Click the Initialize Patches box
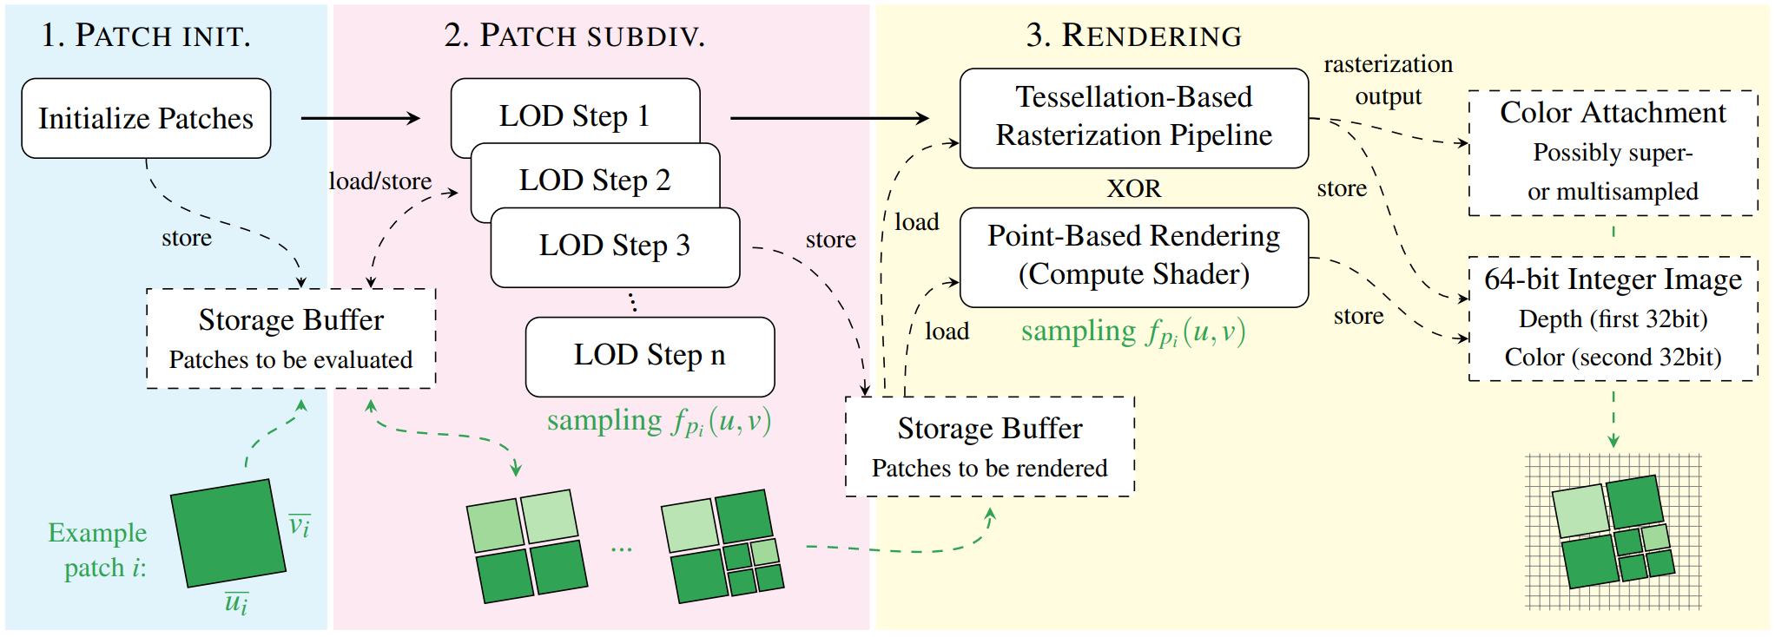tap(146, 118)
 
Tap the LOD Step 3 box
tap(615, 246)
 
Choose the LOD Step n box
tap(650, 356)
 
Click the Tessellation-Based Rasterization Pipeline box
tap(1133, 117)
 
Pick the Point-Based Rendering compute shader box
tap(1133, 256)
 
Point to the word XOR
tap(1133, 188)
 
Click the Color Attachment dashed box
tap(1613, 152)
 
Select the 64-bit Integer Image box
tap(1613, 318)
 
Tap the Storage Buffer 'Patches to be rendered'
tap(989, 447)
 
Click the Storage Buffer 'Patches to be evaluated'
tap(291, 338)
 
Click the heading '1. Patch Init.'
tap(145, 36)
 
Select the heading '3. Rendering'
tap(1133, 36)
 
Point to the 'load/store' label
tap(379, 181)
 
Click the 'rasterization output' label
tap(1388, 80)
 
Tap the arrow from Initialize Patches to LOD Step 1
tap(360, 118)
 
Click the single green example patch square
tap(228, 533)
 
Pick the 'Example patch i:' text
tap(98, 549)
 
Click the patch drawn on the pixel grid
tap(1613, 531)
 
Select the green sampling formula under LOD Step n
tap(659, 422)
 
